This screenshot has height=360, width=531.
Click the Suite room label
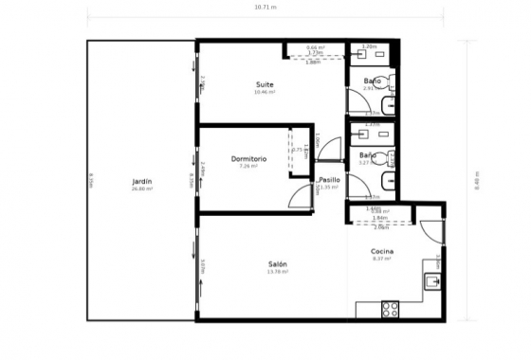click(x=265, y=84)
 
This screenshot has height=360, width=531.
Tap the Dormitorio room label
click(x=248, y=158)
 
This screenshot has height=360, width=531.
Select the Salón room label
click(x=278, y=263)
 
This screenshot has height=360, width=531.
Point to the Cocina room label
click(x=382, y=251)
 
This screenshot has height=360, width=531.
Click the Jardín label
click(x=142, y=180)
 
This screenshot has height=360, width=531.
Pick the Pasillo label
click(x=329, y=179)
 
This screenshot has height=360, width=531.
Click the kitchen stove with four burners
click(x=390, y=309)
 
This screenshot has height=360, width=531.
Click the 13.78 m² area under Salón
click(x=278, y=272)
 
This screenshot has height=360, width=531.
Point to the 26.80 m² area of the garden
click(x=142, y=189)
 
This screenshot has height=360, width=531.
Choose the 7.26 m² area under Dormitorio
click(x=248, y=167)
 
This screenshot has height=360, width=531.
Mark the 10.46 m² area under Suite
click(x=265, y=93)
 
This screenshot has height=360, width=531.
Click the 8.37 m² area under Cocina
click(x=382, y=259)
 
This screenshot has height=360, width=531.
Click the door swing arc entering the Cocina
click(x=428, y=230)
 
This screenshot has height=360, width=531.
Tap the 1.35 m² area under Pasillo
click(x=329, y=188)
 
